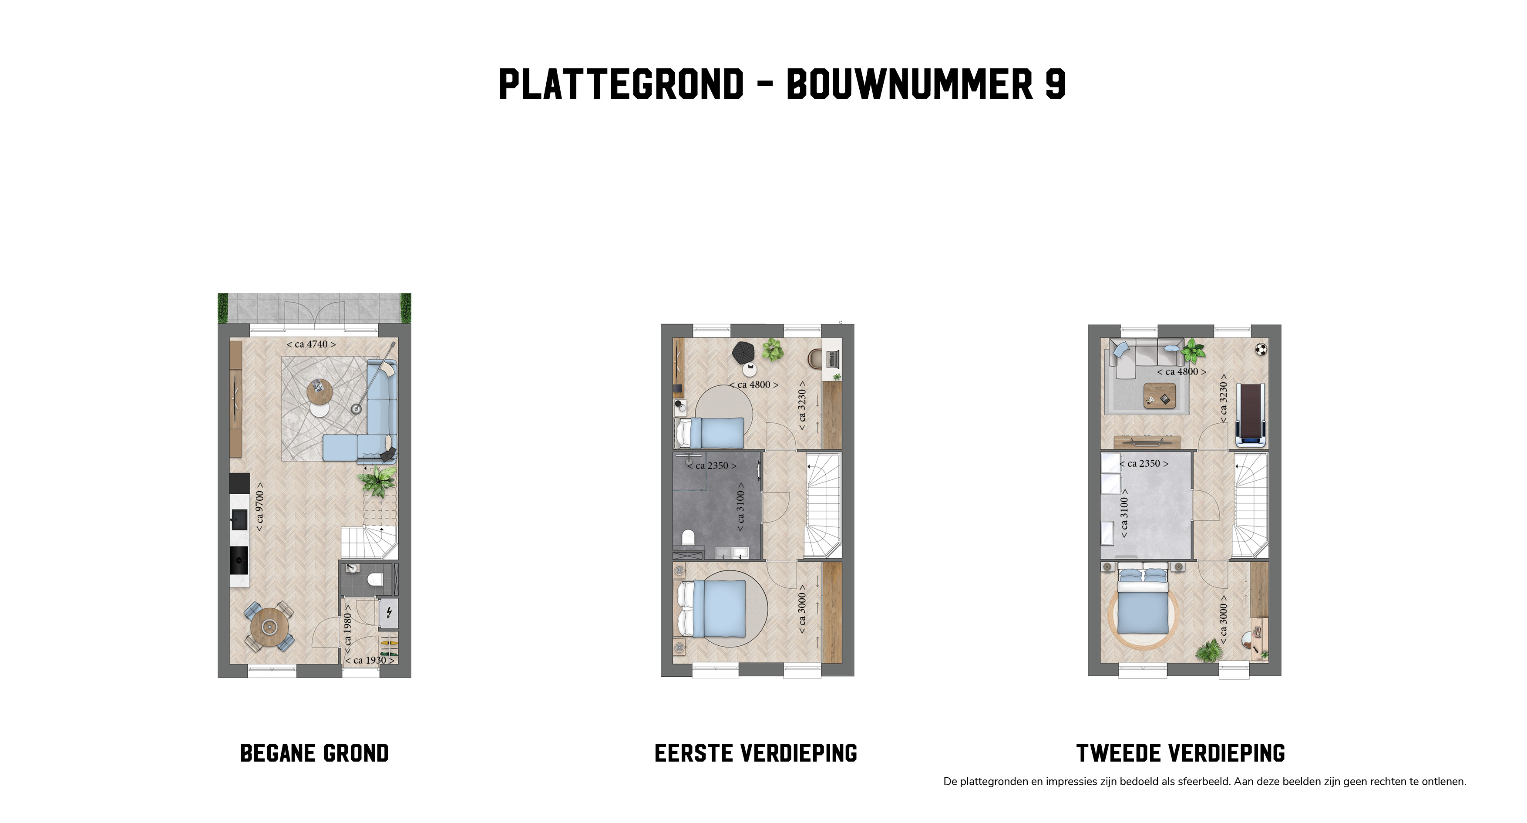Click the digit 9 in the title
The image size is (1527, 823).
click(x=1055, y=84)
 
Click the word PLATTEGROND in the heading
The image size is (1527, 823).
click(x=621, y=84)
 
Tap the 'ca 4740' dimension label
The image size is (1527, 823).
click(x=311, y=344)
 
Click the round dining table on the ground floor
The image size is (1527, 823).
click(x=270, y=626)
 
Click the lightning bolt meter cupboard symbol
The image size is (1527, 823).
click(x=389, y=612)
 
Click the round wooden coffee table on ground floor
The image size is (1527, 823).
click(x=320, y=392)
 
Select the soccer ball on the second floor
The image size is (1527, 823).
click(x=1260, y=349)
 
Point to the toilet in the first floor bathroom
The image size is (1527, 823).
click(x=688, y=537)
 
